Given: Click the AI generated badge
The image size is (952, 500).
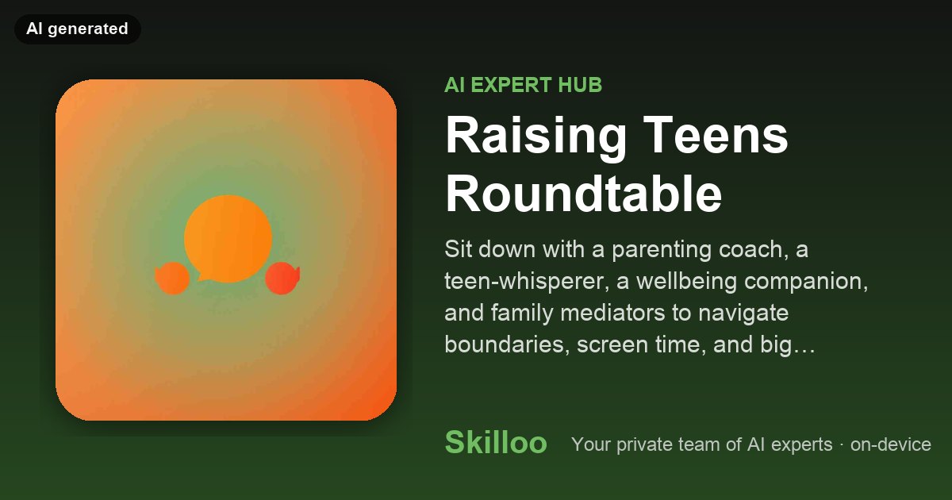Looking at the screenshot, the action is tap(78, 29).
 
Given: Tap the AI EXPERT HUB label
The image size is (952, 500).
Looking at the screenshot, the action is tap(523, 85).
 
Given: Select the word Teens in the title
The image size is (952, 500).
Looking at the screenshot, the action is tap(716, 135).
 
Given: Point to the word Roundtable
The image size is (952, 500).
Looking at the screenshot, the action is tap(583, 194).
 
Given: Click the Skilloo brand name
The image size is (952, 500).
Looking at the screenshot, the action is tap(496, 442).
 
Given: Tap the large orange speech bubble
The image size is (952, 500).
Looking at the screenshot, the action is tap(228, 239).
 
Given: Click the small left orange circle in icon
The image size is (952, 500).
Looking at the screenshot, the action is tap(172, 278).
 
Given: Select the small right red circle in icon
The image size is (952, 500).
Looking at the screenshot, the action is tap(282, 278).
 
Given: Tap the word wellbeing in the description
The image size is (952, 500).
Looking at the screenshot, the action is tap(686, 282).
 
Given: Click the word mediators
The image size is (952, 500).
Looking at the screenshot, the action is tap(612, 313).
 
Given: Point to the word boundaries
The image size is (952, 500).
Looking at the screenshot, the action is tap(507, 344).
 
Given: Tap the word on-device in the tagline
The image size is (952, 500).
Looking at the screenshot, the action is tap(890, 444).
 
